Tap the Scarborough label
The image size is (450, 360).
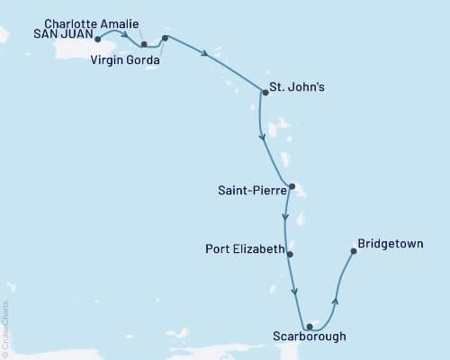pos(308,339)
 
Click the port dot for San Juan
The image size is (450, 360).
pos(97,40)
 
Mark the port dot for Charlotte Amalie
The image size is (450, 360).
pos(143,42)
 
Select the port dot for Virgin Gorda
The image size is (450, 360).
pos(165,39)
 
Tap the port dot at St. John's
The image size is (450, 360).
pos(265,92)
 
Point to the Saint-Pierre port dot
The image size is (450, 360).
pos(292,187)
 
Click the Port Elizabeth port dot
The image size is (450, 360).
pos(290,254)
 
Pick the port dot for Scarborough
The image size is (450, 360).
pos(309,327)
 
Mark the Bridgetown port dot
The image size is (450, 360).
pos(353,251)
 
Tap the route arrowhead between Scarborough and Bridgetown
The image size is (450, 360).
pos(335,300)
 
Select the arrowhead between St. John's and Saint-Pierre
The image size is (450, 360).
pos(262,138)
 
